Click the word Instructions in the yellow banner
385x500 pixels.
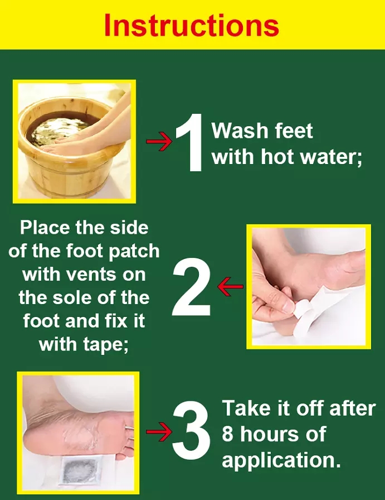[x=192, y=25]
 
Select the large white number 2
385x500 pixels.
[x=191, y=287]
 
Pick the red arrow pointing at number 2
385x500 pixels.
[x=230, y=286]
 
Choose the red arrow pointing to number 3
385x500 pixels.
[x=159, y=432]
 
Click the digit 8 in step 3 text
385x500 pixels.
[x=228, y=434]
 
